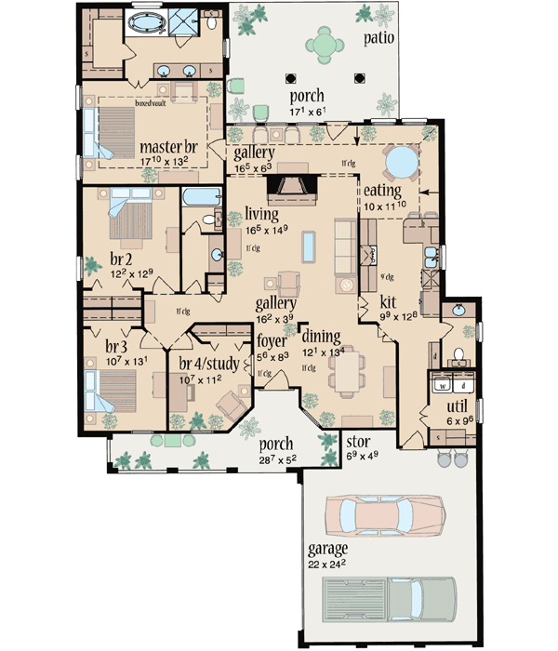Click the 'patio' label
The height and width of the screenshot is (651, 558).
pos(379,38)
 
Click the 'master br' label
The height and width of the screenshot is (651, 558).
pos(167,148)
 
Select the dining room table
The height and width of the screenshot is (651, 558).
pos(352,379)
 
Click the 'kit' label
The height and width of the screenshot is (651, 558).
pos(391,302)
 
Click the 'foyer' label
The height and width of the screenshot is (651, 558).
pos(272,339)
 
